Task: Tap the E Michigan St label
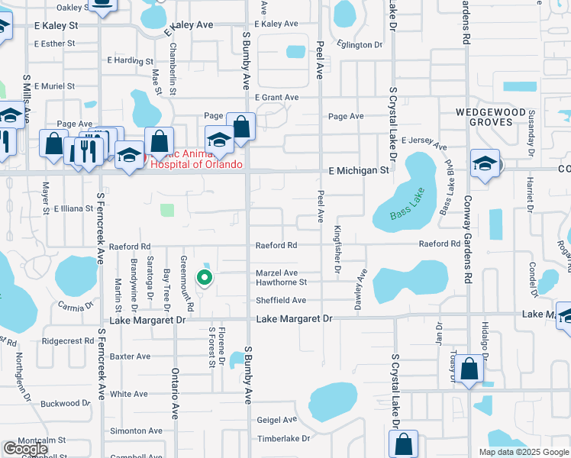tap(359, 171)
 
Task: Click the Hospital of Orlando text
tap(197, 164)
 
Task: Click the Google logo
tap(24, 449)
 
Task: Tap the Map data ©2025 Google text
tap(523, 452)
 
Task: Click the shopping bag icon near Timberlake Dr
tap(403, 443)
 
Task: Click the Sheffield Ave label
tap(280, 301)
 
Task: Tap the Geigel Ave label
tap(276, 420)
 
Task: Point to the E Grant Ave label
tap(276, 98)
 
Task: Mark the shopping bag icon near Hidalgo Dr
tap(470, 370)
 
